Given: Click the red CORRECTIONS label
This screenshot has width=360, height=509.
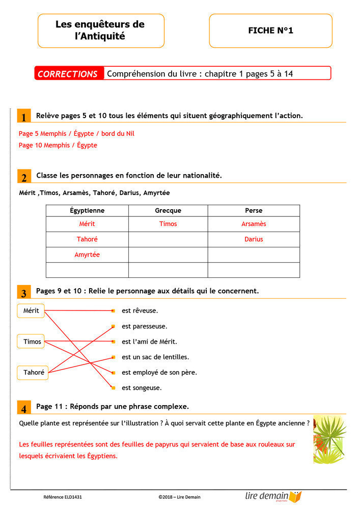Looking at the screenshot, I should tap(68, 74).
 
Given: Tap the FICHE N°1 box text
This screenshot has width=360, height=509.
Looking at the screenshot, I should tap(270, 31).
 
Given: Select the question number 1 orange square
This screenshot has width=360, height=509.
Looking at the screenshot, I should tap(23, 117).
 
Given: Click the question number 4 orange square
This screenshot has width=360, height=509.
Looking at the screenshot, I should tap(23, 408).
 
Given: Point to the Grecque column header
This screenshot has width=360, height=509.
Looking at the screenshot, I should tap(168, 211).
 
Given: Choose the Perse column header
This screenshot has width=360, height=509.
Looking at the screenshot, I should tap(254, 211).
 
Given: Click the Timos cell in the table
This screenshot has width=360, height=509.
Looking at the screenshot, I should tap(168, 224).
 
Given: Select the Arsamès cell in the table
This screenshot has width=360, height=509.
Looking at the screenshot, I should tap(254, 224).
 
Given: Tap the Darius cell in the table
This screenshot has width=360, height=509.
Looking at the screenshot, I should tap(254, 239).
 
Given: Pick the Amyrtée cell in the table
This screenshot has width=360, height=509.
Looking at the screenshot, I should tap(87, 254).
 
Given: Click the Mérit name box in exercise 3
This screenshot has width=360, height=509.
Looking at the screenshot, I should tap(31, 310).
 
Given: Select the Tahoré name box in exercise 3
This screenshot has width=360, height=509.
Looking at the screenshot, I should tap(34, 373).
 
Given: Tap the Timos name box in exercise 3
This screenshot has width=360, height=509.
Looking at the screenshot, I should tap(32, 342).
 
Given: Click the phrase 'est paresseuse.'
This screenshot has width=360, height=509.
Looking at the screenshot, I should tap(145, 326).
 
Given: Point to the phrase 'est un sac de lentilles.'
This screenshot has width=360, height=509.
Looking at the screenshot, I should tap(155, 357).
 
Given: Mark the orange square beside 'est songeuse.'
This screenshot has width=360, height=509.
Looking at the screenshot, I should tap(113, 388).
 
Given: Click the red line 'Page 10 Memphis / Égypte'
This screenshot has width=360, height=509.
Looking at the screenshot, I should tap(58, 145).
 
